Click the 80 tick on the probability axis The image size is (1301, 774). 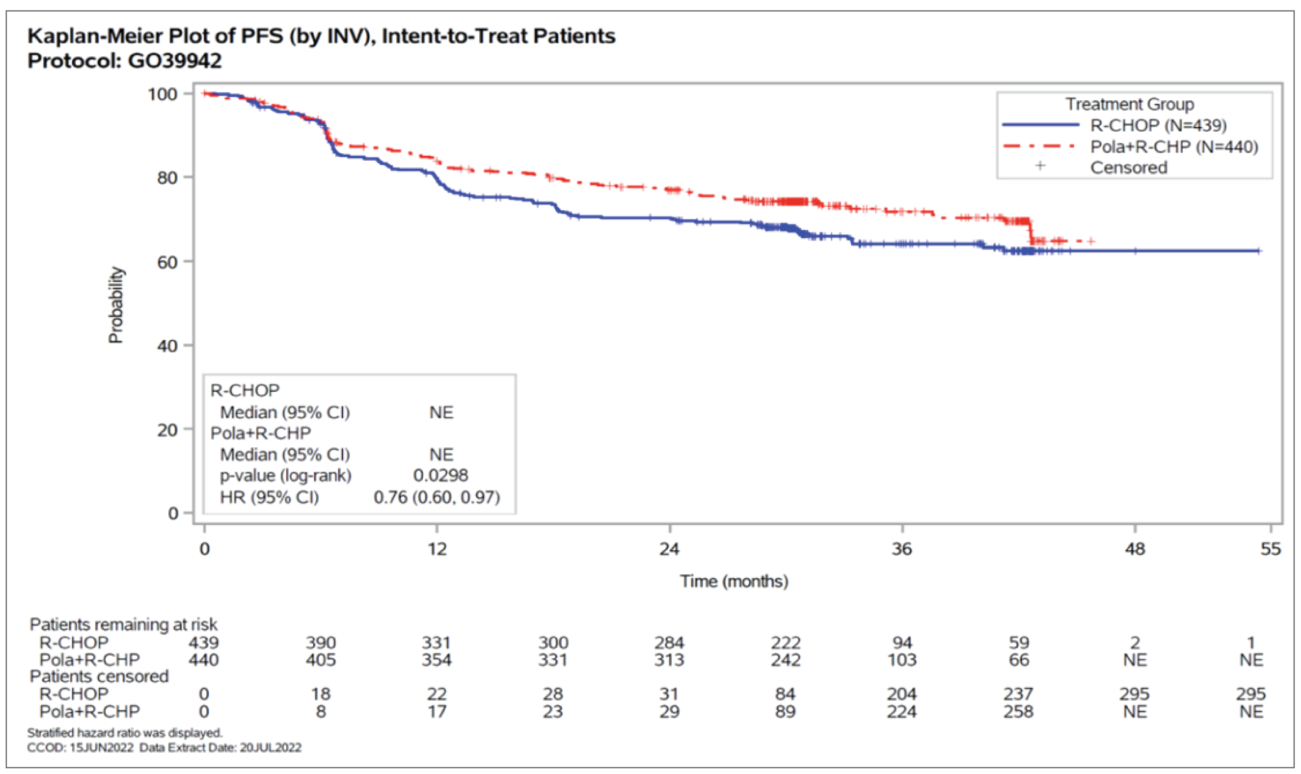pos(167,177)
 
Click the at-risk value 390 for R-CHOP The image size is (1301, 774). pos(320,642)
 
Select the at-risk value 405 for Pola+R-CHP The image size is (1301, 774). pos(320,660)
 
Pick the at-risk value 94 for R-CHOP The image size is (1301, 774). pos(902,642)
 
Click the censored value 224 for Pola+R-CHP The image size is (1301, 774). pos(902,711)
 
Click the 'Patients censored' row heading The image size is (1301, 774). pos(99,676)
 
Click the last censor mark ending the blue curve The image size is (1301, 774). pos(1259,251)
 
